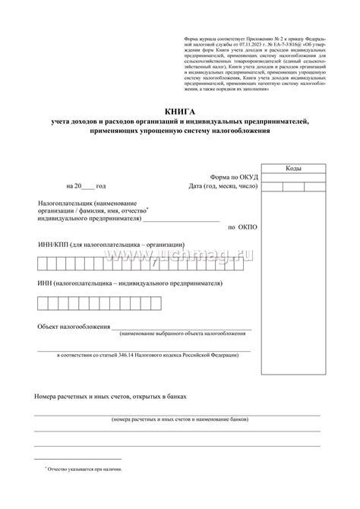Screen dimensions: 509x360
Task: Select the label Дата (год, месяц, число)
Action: (222, 185)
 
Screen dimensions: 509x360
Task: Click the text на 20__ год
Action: (86, 185)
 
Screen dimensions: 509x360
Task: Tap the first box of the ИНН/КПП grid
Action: (43, 263)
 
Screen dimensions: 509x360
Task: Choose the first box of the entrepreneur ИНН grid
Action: (43, 302)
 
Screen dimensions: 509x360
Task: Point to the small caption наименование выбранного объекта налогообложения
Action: (181, 334)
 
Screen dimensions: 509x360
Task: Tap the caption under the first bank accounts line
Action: (178, 419)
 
